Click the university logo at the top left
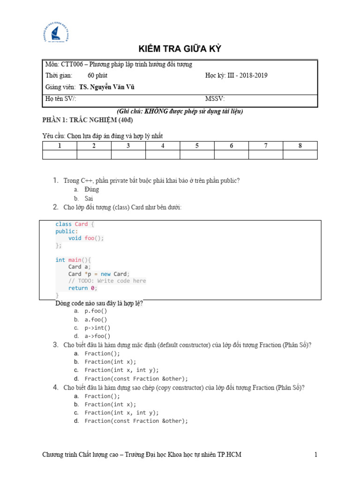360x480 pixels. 56,34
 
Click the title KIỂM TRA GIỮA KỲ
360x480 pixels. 180,50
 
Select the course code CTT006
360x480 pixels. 69,65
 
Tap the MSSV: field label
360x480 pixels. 215,99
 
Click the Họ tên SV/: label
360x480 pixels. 61,99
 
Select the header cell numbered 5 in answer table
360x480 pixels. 197,146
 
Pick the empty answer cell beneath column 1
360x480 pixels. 60,155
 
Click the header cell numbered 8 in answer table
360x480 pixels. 300,146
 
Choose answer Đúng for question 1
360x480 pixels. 92,190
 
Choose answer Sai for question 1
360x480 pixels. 89,198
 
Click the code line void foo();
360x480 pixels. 86,238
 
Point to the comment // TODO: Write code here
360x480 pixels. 107,281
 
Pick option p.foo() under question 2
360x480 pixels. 96,311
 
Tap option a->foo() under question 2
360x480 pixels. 97,336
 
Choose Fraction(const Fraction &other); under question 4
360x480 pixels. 136,421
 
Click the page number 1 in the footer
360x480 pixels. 316,455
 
